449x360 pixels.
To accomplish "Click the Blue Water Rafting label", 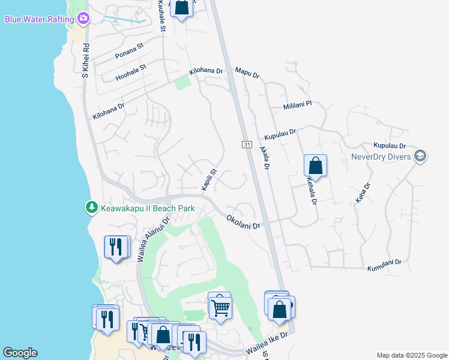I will click(x=40, y=19).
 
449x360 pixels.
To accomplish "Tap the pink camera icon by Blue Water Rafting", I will click(x=83, y=19).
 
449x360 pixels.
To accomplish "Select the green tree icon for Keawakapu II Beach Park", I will click(x=91, y=208).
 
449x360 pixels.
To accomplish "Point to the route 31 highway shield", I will click(x=247, y=145).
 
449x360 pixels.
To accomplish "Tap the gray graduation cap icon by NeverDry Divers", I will click(x=420, y=157).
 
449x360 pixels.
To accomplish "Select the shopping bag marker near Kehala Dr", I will click(x=315, y=166).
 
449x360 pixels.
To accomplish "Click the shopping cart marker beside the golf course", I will click(x=220, y=307).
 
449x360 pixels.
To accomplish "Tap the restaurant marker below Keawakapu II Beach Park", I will click(x=116, y=247).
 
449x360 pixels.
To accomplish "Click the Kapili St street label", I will click(x=208, y=180).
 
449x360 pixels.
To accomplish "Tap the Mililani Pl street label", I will click(x=297, y=106).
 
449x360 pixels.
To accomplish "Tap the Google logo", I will click(x=20, y=353).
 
